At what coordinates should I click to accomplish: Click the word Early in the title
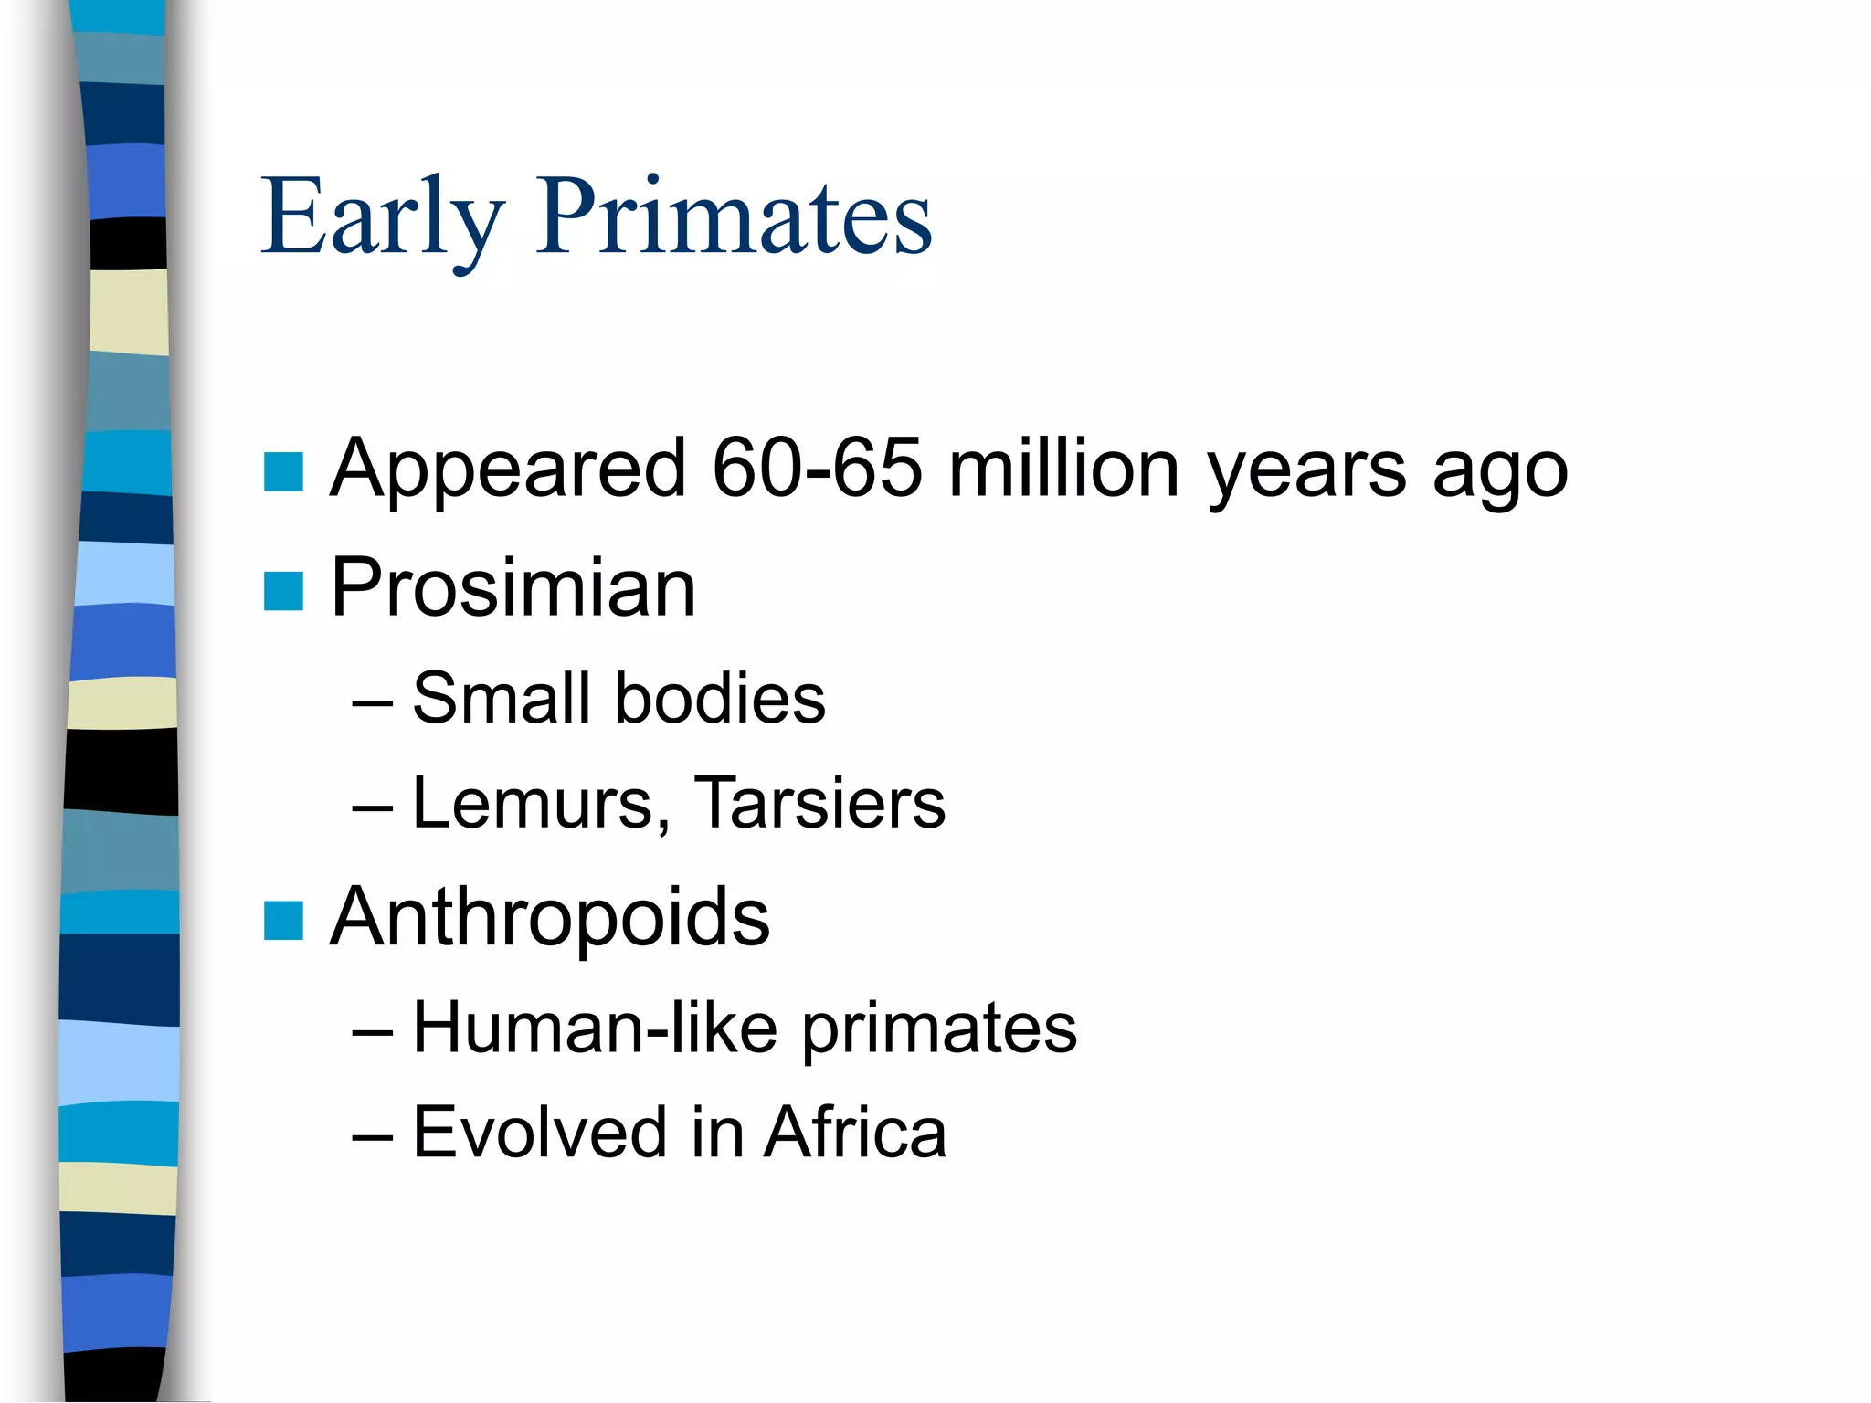pyautogui.click(x=382, y=217)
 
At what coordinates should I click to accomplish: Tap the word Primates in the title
pyautogui.click(x=734, y=217)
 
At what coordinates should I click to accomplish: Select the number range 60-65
pyautogui.click(x=817, y=468)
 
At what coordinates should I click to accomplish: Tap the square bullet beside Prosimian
pyautogui.click(x=283, y=591)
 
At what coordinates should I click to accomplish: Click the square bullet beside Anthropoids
pyautogui.click(x=283, y=921)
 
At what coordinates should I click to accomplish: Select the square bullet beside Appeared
pyautogui.click(x=283, y=471)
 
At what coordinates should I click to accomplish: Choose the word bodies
pyautogui.click(x=720, y=699)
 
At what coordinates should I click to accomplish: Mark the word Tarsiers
pyautogui.click(x=819, y=804)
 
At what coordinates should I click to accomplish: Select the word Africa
pyautogui.click(x=855, y=1133)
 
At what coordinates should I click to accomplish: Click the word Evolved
pyautogui.click(x=540, y=1133)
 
